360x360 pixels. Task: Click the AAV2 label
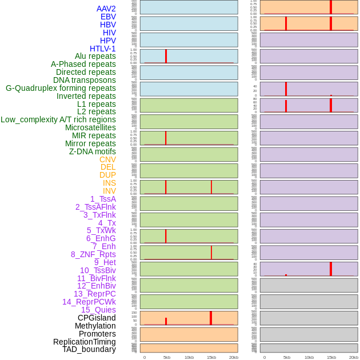coord(106,9)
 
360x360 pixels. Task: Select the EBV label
coord(108,17)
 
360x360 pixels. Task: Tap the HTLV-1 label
coord(103,49)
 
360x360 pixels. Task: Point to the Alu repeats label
coord(95,56)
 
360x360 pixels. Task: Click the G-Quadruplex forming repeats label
coord(61,88)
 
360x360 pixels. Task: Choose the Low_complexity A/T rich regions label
coord(58,119)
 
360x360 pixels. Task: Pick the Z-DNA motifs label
coord(93,151)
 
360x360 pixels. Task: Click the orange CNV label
coord(107,159)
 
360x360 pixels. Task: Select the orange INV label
coord(109,191)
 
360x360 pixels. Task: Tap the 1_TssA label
coord(103,199)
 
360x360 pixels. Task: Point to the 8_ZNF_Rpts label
coord(93,254)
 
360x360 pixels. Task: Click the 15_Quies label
coord(98,310)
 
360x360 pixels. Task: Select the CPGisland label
coord(97,318)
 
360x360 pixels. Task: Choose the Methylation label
coord(95,326)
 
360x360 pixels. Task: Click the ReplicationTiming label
coord(85,342)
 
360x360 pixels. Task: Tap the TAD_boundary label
coord(89,349)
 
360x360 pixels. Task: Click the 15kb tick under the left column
coord(211,357)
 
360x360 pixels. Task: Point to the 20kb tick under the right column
coord(354,357)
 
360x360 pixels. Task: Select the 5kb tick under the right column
coord(287,357)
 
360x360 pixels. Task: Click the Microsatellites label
coord(90,127)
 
